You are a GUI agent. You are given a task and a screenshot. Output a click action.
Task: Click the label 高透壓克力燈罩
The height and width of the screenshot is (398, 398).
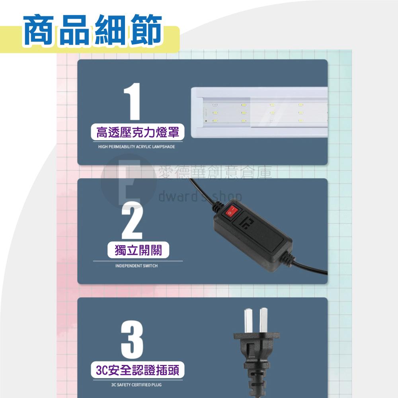(x=137, y=132)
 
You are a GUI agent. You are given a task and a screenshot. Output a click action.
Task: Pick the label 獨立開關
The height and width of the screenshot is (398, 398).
(x=137, y=251)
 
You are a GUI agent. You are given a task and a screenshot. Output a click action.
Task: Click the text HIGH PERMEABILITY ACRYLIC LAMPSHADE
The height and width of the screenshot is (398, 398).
(x=137, y=147)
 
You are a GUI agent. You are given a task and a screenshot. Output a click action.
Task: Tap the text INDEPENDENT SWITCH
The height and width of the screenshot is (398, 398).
(x=137, y=265)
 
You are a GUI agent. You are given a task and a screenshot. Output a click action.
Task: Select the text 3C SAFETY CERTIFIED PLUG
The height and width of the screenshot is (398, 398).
(x=137, y=385)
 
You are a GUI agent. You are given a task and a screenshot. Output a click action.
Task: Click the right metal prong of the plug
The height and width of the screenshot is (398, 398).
(x=263, y=321)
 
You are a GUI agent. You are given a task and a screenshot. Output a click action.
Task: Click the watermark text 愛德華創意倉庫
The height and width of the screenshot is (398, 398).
(x=215, y=173)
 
